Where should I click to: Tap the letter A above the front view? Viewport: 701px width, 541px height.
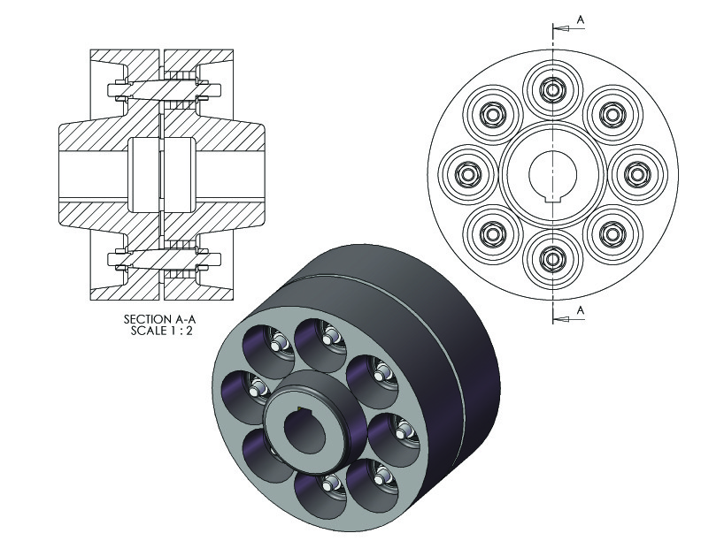[x=579, y=17]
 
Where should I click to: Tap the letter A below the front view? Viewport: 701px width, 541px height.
[x=579, y=309]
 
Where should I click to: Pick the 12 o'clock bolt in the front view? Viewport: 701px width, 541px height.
[x=552, y=89]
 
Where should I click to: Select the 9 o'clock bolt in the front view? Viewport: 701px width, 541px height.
[x=466, y=174]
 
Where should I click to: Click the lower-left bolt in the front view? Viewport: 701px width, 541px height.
[x=492, y=234]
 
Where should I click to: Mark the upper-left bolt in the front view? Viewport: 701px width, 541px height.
[x=492, y=114]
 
